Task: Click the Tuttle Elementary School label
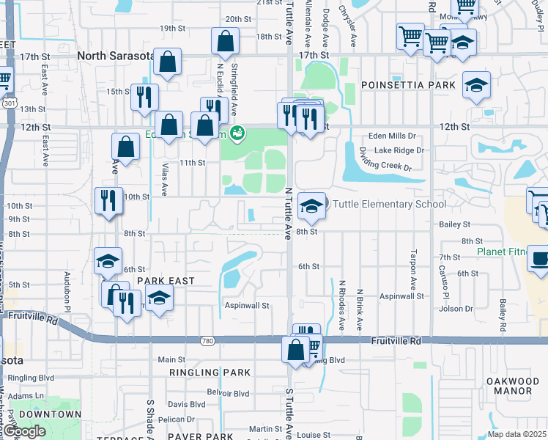click(x=389, y=205)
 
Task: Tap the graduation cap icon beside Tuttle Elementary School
click(x=311, y=206)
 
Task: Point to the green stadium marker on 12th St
click(x=237, y=133)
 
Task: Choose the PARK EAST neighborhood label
click(x=166, y=281)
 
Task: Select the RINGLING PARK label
click(x=210, y=373)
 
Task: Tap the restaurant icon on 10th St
click(x=108, y=200)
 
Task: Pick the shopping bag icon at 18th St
click(x=225, y=42)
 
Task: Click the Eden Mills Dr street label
click(x=391, y=136)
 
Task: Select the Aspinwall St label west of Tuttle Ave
click(x=247, y=305)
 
